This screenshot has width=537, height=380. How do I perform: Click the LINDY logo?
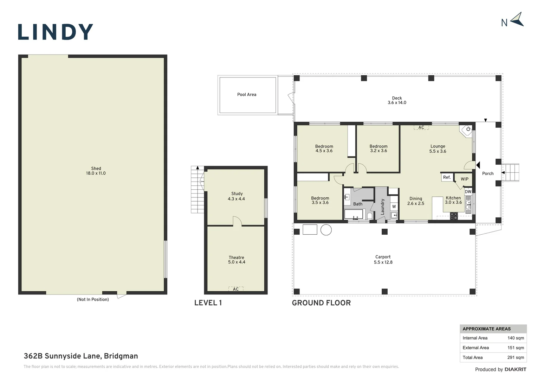56,31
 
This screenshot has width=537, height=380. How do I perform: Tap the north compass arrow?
517,19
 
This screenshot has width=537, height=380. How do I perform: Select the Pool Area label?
247,95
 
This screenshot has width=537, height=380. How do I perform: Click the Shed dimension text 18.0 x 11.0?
96,173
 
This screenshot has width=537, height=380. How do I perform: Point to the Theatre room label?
237,257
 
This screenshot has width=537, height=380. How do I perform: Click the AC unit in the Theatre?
236,289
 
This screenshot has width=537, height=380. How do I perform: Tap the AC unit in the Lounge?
421,127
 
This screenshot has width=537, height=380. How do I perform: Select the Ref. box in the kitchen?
447,177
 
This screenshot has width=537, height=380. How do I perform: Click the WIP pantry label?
465,179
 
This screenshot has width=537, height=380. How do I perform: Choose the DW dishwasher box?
468,191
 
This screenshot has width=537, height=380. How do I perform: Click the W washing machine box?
394,207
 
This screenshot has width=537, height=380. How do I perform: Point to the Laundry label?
383,207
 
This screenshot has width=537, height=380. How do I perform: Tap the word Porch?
488,173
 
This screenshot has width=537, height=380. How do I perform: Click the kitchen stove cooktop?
454,216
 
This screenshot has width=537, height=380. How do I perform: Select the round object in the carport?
326,230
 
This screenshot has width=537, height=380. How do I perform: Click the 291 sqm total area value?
516,357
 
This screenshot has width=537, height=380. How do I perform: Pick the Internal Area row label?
475,338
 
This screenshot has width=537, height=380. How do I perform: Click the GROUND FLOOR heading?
321,303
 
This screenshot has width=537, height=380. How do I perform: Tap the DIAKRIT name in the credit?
516,369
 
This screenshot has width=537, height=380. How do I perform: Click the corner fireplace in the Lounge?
466,131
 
